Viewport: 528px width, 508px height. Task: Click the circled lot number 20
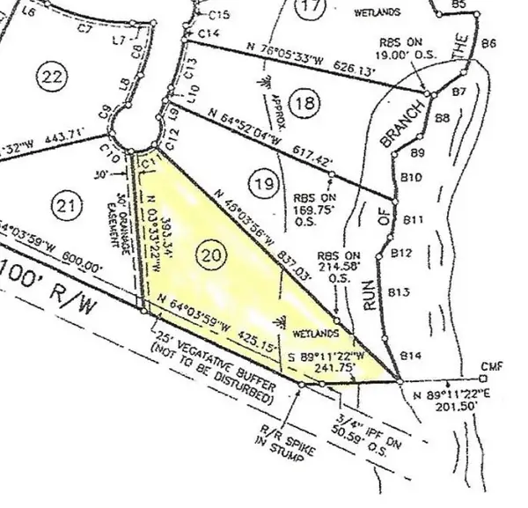210,255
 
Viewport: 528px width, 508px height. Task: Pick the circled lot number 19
261,184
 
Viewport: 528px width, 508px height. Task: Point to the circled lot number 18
304,105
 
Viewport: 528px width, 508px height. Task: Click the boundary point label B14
412,355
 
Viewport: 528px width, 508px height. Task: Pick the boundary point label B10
411,178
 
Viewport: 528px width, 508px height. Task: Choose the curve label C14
209,33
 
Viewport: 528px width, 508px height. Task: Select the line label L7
121,40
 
